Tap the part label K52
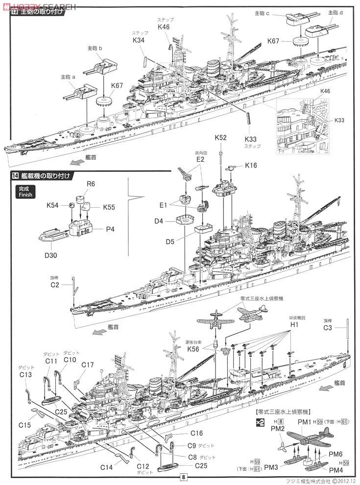pyautogui.click(x=221, y=138)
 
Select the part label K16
pyautogui.click(x=251, y=166)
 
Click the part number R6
pyautogui.click(x=91, y=185)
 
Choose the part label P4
pyautogui.click(x=110, y=229)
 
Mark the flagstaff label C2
pyautogui.click(x=54, y=285)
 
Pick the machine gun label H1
pyautogui.click(x=294, y=325)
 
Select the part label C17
pyautogui.click(x=88, y=364)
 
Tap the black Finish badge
pyautogui.click(x=24, y=191)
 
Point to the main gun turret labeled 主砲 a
pyautogui.click(x=82, y=90)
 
